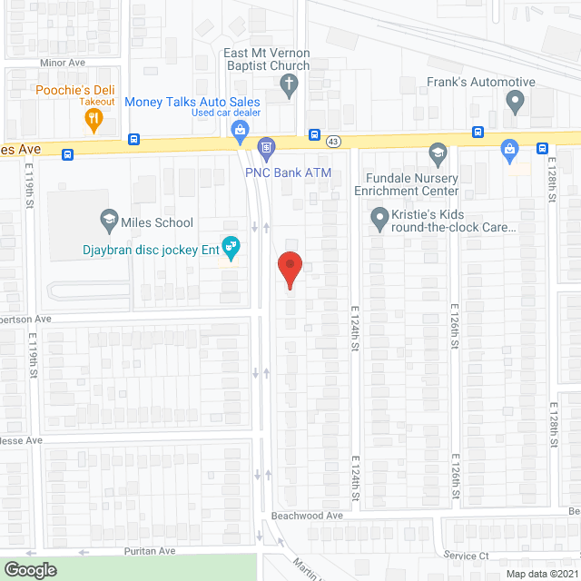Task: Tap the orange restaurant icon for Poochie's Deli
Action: (83, 118)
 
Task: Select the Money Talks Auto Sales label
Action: (192, 102)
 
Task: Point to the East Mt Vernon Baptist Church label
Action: (267, 59)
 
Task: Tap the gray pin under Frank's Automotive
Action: (516, 103)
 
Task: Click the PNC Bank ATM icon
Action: (267, 146)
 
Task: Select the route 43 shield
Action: (334, 141)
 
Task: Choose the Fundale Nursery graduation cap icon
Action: (438, 152)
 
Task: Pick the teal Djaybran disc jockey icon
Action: (231, 246)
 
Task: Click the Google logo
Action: (29, 569)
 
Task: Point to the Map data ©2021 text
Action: (541, 573)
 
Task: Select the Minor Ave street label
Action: (62, 64)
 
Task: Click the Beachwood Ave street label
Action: (308, 515)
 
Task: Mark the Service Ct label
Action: (467, 555)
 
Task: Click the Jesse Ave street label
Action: (22, 440)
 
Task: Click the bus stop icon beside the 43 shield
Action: (314, 135)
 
